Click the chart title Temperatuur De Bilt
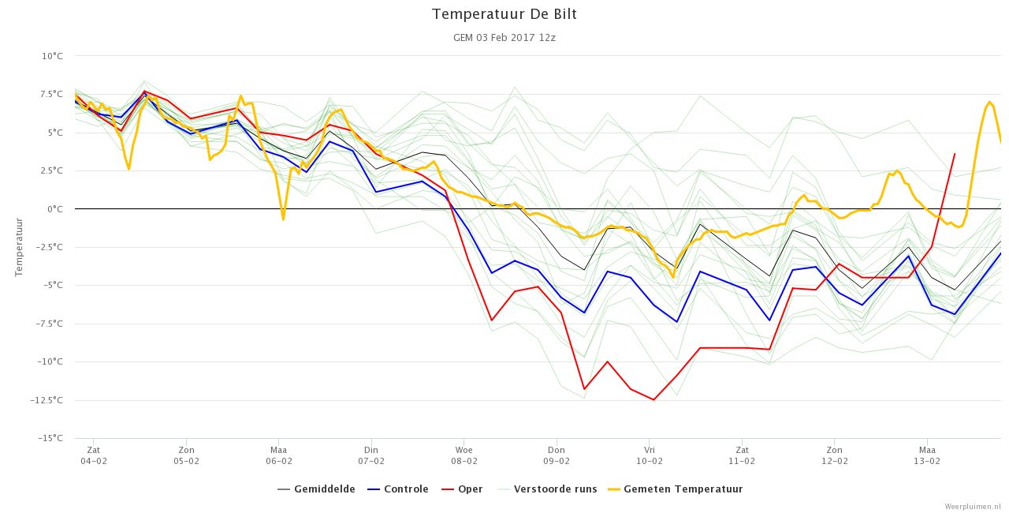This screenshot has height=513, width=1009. [504, 14]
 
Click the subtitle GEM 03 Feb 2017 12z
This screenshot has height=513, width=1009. [504, 37]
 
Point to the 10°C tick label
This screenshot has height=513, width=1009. [52, 56]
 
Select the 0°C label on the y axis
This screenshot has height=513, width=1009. [55, 208]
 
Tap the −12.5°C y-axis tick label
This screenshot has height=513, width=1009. [47, 400]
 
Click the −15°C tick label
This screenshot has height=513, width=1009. [50, 438]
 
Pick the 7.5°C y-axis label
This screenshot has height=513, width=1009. [52, 94]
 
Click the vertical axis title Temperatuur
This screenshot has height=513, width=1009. [18, 247]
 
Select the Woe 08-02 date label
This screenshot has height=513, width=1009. [464, 455]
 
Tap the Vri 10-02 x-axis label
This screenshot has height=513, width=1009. [649, 455]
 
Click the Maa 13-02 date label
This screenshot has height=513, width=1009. [927, 455]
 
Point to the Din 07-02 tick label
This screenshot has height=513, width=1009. [371, 455]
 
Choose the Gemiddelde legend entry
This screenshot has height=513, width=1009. [316, 489]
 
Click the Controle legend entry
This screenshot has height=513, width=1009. [398, 489]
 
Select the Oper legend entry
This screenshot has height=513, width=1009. [462, 489]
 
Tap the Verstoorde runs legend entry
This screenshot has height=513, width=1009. [547, 489]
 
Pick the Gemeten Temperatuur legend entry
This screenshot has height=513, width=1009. [676, 489]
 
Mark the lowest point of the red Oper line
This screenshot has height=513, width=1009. [653, 400]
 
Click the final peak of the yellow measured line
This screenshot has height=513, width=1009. [989, 102]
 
